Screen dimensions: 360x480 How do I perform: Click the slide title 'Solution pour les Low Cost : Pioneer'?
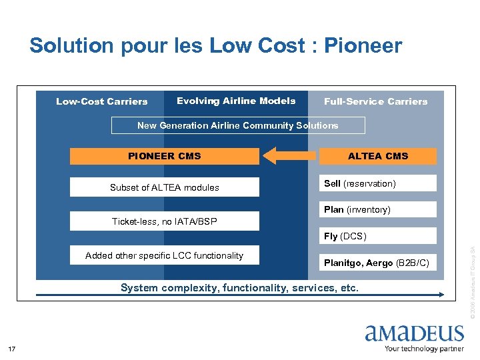pyautogui.click(x=215, y=45)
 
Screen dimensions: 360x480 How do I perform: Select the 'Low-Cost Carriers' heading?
pyautogui.click(x=101, y=101)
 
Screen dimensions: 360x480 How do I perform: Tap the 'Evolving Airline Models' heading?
pyautogui.click(x=236, y=101)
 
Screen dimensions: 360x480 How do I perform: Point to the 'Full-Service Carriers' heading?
pyautogui.click(x=375, y=101)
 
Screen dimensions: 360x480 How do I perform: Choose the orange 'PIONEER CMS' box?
pyautogui.click(x=164, y=156)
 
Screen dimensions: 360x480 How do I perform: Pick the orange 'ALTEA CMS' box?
pyautogui.click(x=377, y=156)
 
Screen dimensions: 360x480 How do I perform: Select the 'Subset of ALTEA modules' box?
pyautogui.click(x=164, y=187)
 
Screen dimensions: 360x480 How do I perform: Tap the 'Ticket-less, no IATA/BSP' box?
pyautogui.click(x=164, y=221)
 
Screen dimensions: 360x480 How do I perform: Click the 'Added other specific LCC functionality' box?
pyautogui.click(x=164, y=255)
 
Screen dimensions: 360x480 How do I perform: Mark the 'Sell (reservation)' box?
pyautogui.click(x=377, y=183)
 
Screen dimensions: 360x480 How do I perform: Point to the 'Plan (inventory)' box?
pyautogui.click(x=377, y=209)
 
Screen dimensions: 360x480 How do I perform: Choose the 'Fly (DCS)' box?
pyautogui.click(x=377, y=236)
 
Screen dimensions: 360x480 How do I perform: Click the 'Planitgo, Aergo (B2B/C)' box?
pyautogui.click(x=377, y=263)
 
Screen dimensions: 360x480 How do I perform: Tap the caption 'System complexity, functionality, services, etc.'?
pyautogui.click(x=239, y=288)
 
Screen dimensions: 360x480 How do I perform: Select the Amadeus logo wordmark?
pyautogui.click(x=414, y=333)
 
